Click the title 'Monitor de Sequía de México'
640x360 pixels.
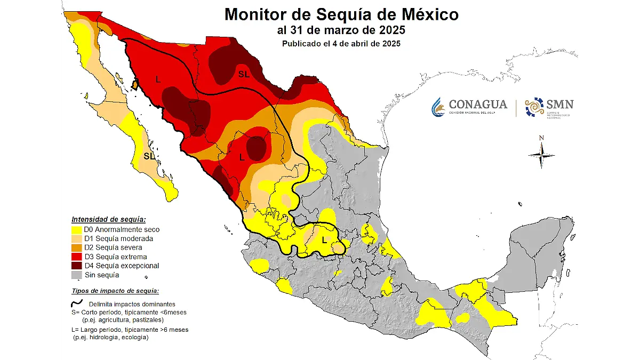point(341,14)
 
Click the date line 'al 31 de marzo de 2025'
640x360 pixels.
point(341,30)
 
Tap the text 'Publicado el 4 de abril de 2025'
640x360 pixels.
point(341,44)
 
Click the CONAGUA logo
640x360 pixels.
point(469,107)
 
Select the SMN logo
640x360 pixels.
point(549,107)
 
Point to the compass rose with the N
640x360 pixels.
point(541,154)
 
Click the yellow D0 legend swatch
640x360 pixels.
point(77,230)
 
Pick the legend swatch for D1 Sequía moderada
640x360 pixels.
point(77,239)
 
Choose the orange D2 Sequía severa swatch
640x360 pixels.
point(77,248)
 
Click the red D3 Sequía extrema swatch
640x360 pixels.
point(77,257)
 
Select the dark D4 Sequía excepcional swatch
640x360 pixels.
point(77,266)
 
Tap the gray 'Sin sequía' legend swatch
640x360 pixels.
point(77,275)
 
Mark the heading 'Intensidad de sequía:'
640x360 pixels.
point(109,219)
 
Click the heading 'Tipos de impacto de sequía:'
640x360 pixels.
point(115,291)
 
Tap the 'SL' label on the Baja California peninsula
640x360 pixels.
point(149,156)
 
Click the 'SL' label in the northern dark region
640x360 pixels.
point(244,75)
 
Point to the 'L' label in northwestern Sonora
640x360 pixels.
point(158,79)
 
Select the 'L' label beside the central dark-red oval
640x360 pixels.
point(242,157)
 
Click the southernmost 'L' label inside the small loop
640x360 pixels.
point(324,239)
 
